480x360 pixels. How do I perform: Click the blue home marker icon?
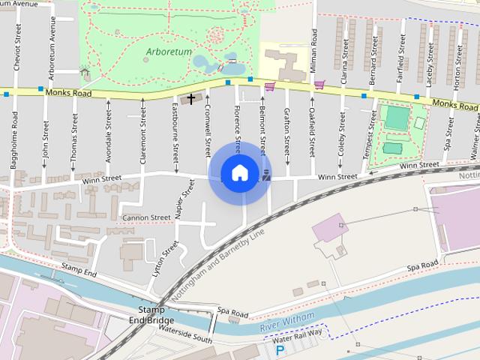pos(239,173)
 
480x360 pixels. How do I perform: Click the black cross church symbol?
pos(192,98)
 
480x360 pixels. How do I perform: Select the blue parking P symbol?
pos(280,349)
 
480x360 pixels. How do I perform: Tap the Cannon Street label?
pos(145,218)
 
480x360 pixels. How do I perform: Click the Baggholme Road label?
pos(13,150)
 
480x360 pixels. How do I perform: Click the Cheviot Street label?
pos(16,46)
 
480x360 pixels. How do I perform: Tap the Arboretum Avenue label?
pos(52,46)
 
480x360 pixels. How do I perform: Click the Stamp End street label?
pos(79,270)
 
